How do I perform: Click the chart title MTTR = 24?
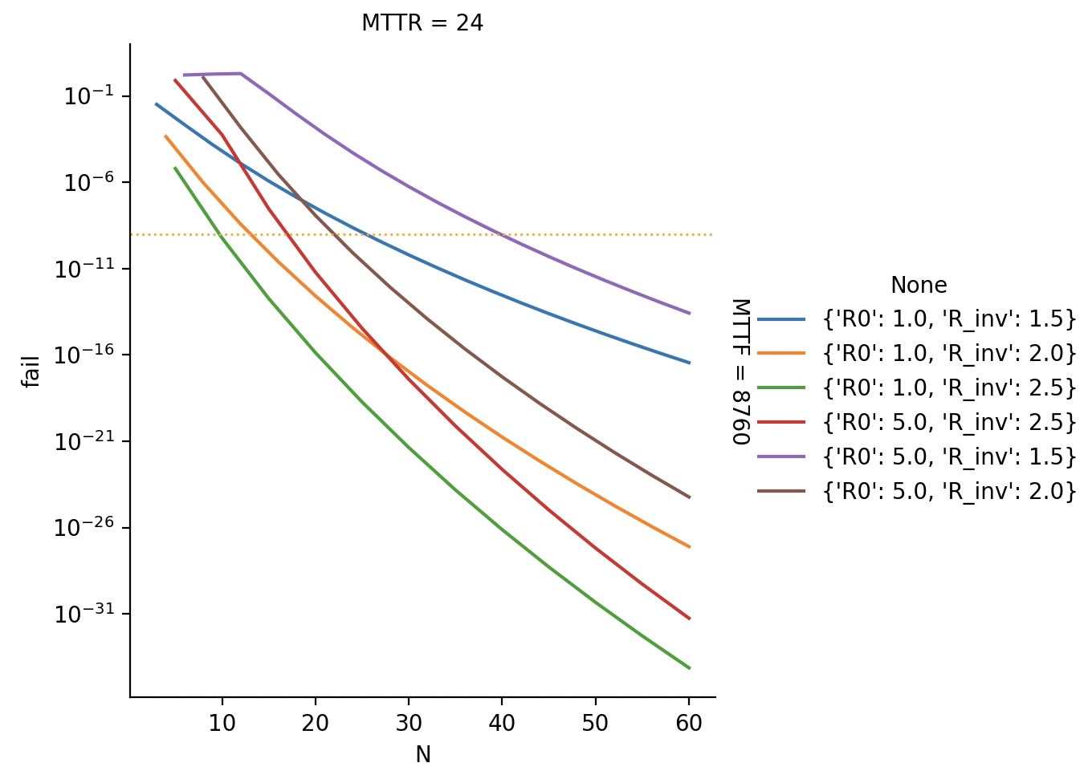[422, 23]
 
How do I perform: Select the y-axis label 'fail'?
[31, 371]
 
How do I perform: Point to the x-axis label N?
[423, 755]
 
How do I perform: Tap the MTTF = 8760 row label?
[740, 371]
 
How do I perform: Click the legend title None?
[919, 286]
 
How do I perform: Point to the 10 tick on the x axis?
[222, 724]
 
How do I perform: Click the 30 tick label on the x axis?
[409, 724]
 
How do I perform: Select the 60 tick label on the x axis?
[689, 724]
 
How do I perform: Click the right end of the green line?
[689, 667]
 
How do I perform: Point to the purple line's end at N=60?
[689, 313]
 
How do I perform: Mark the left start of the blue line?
[157, 103]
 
